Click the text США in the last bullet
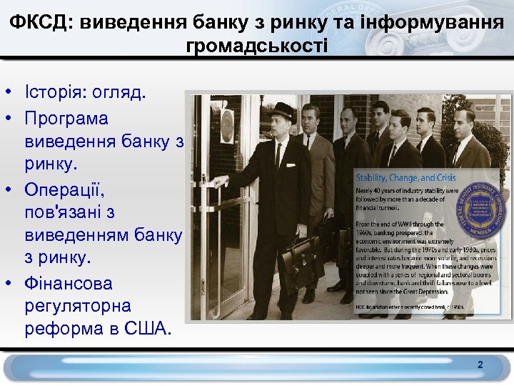pos(146,329)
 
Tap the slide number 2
pos(480,365)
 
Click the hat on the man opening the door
pos(283,111)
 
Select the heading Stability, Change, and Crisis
pos(406,177)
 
